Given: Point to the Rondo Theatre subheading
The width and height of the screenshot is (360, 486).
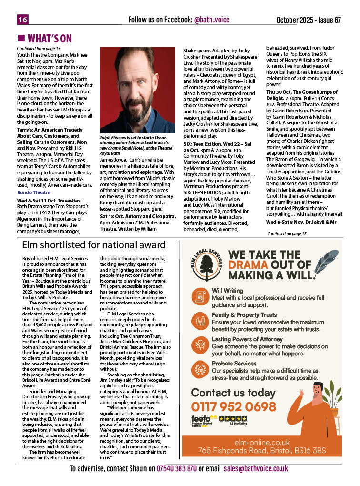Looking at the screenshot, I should point(30,192).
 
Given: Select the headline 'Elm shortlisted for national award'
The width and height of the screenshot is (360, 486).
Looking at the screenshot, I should point(94,245).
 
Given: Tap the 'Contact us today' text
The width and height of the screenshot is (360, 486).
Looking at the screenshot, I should point(233,393).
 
